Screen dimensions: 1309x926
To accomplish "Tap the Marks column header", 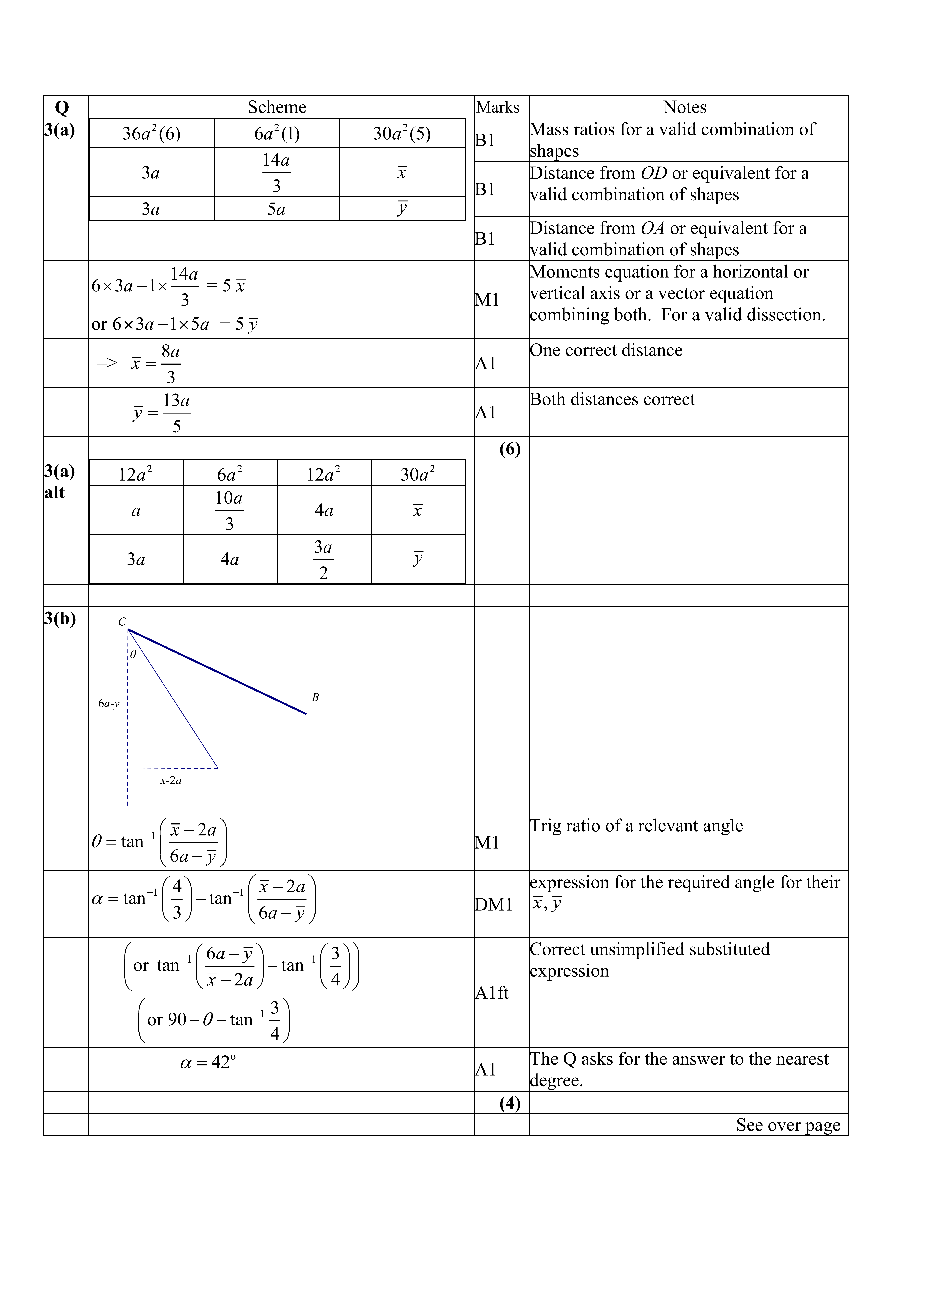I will [x=498, y=107].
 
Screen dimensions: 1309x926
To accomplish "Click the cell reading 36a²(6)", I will [x=151, y=133].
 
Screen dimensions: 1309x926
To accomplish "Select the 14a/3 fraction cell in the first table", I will [x=277, y=172].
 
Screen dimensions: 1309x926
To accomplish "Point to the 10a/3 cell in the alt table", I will [x=229, y=510].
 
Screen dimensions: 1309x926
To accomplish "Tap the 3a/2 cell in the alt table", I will [x=323, y=559].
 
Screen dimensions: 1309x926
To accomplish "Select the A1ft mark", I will [x=492, y=993].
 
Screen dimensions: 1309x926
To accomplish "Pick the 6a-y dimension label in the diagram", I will [x=108, y=703].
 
